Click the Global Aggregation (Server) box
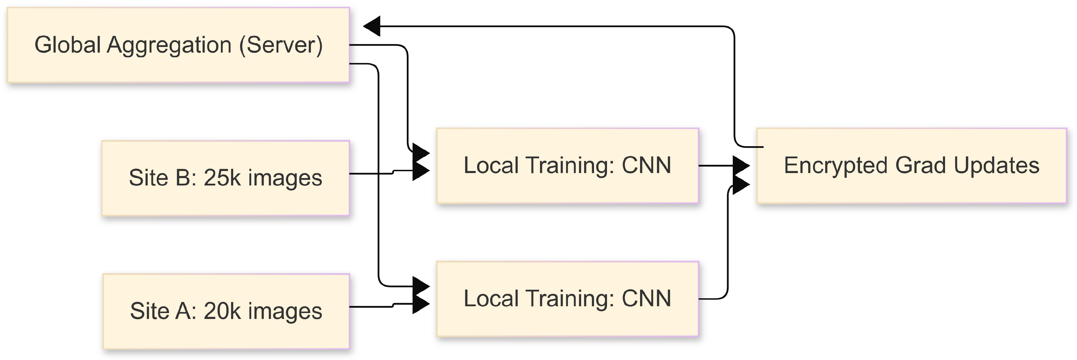(178, 45)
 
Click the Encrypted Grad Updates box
(911, 166)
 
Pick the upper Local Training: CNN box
(567, 166)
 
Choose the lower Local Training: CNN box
(567, 299)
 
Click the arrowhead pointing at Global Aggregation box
(372, 26)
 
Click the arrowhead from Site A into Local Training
(421, 304)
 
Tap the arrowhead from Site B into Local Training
(421, 171)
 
